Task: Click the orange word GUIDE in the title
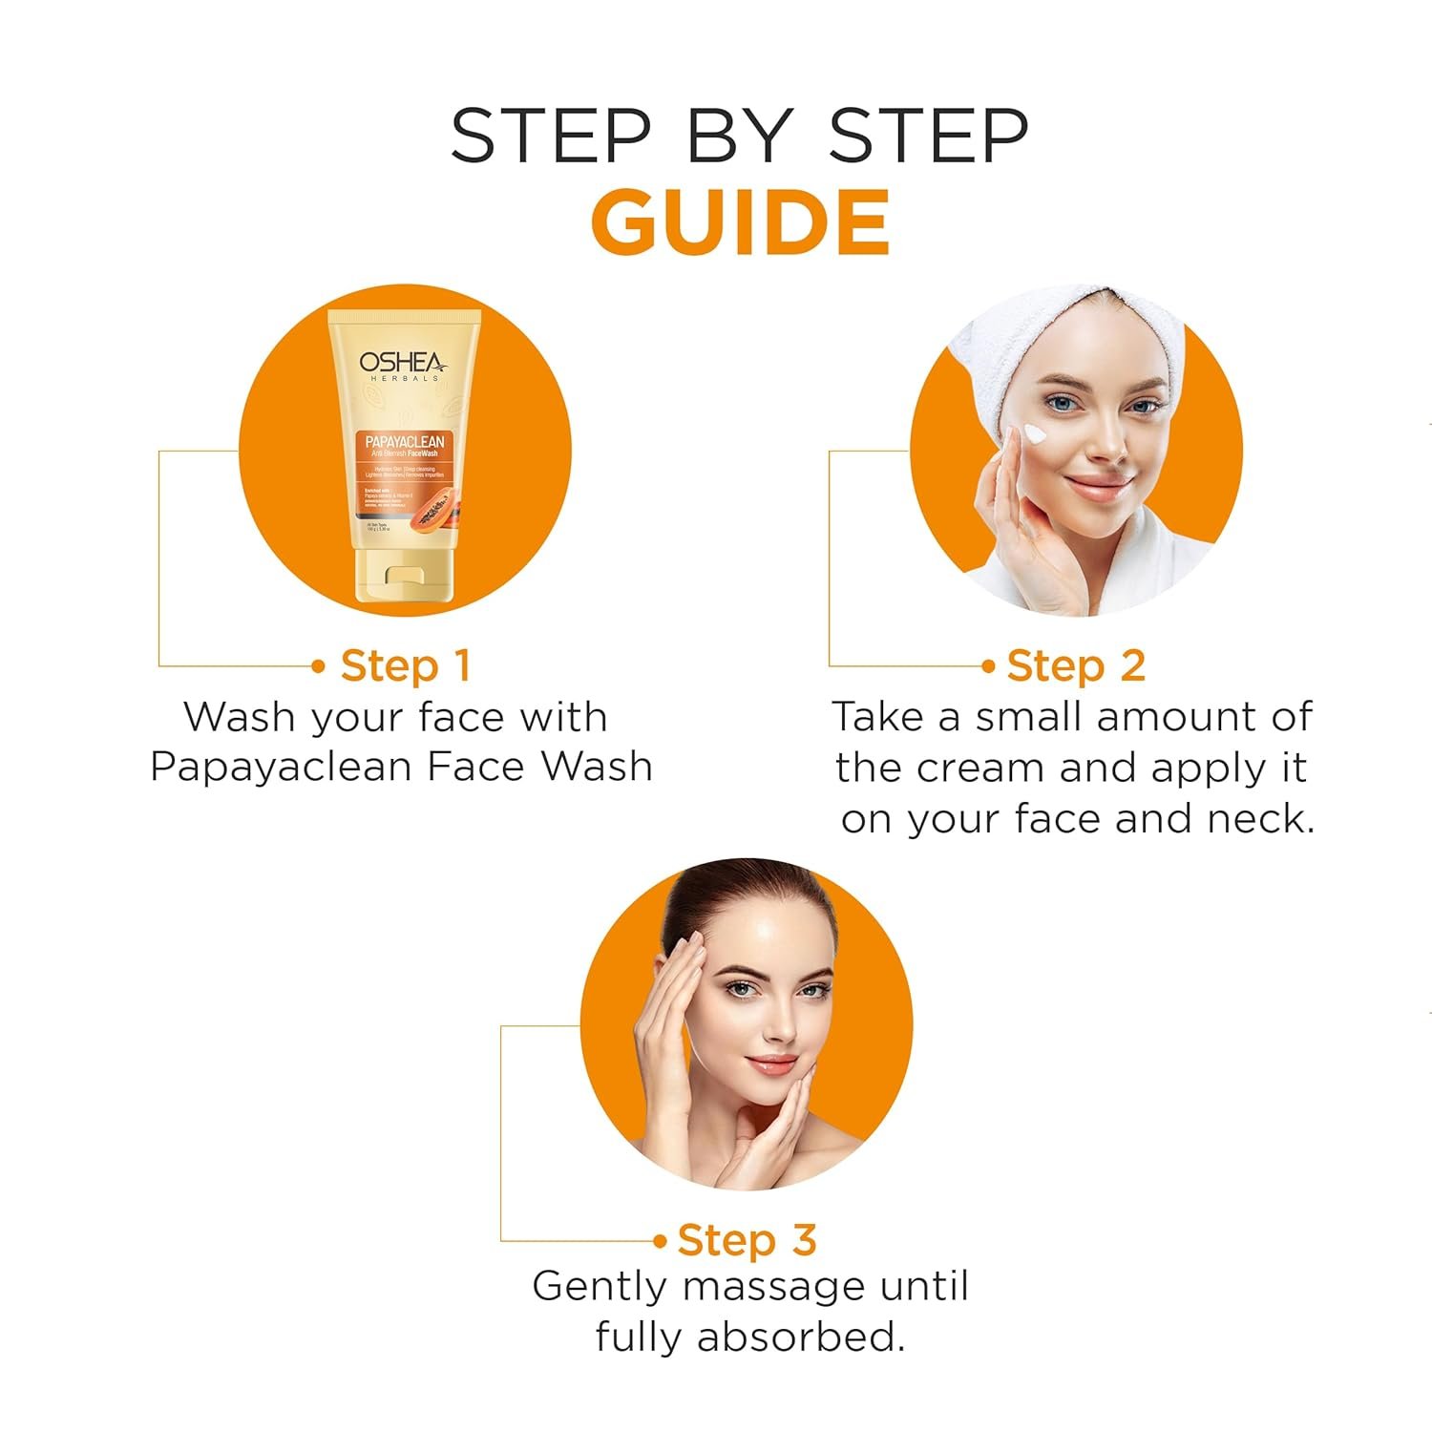741,222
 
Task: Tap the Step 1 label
405,666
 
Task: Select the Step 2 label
1075,666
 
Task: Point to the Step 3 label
747,1240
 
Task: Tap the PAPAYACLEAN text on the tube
405,441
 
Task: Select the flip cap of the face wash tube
405,578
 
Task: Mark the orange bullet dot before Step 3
660,1241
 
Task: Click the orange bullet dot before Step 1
319,666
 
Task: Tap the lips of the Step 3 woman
771,1063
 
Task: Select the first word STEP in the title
551,136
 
